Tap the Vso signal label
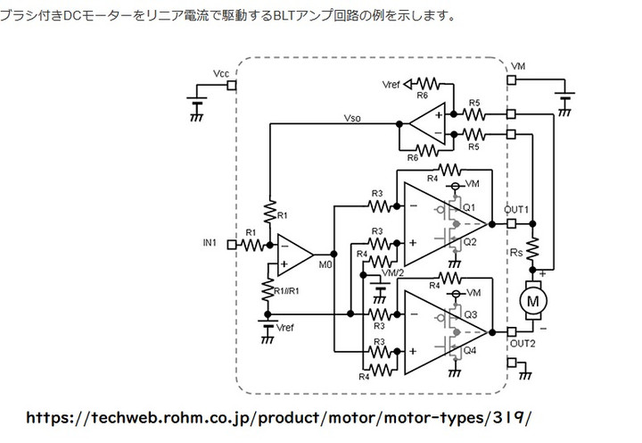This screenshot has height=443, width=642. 353,116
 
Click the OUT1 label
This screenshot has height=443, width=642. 516,210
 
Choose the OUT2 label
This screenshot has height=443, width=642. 523,343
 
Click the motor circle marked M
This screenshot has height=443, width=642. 534,301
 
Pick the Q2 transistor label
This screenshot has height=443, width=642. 470,241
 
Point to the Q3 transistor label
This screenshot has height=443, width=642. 470,313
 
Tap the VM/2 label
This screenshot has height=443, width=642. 392,272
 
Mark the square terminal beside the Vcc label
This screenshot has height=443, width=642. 231,86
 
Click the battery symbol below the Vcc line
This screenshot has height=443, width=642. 198,105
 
